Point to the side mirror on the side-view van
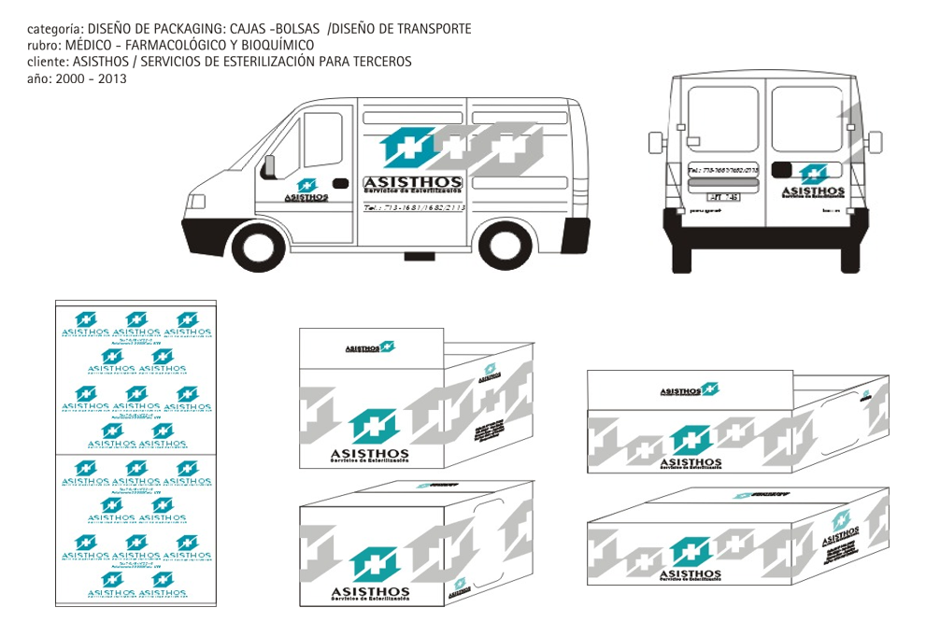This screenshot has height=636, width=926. (x=269, y=165)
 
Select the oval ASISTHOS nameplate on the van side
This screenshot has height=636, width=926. (x=412, y=183)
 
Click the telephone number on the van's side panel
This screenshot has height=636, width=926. (x=413, y=207)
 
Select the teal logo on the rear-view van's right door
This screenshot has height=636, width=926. (x=813, y=175)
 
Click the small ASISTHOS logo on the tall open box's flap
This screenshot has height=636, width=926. (x=370, y=347)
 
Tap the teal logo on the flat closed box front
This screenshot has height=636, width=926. (x=691, y=553)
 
